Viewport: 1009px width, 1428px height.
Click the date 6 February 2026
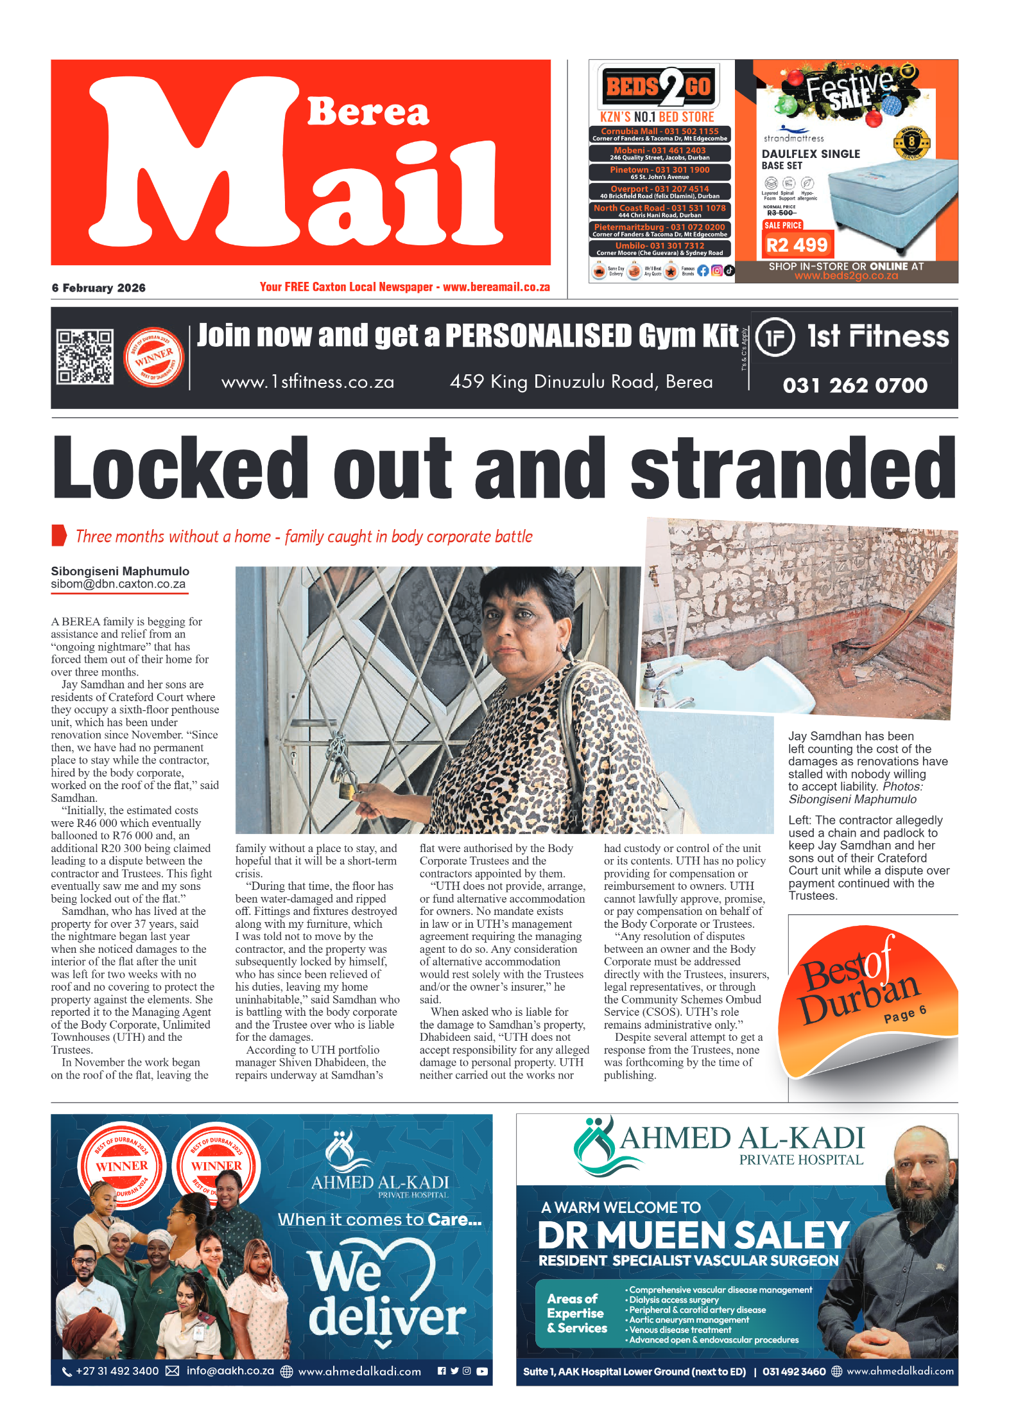pyautogui.click(x=99, y=288)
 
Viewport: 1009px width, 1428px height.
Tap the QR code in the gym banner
pyautogui.click(x=85, y=357)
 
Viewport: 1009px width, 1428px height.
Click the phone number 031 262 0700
pyautogui.click(x=854, y=385)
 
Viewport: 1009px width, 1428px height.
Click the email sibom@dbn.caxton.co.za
pyautogui.click(x=118, y=584)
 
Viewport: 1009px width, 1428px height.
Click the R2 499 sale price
pyautogui.click(x=797, y=245)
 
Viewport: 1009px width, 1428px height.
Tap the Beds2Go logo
pyautogui.click(x=659, y=87)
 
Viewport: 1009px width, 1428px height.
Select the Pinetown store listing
pyautogui.click(x=659, y=173)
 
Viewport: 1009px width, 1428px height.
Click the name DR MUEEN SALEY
pyautogui.click(x=693, y=1234)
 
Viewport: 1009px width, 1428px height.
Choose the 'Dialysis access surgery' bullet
pyautogui.click(x=673, y=1300)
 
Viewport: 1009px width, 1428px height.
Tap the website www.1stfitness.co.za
pyautogui.click(x=307, y=382)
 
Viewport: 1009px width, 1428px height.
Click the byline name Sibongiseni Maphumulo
pyautogui.click(x=120, y=571)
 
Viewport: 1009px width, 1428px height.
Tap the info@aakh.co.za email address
pyautogui.click(x=230, y=1370)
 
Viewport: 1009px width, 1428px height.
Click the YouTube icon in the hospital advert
pyautogui.click(x=481, y=1370)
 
